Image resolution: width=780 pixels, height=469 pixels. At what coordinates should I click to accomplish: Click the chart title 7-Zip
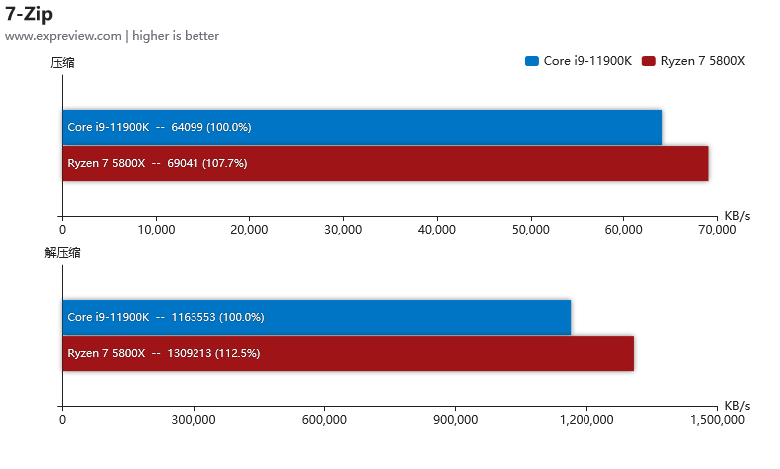pos(29,14)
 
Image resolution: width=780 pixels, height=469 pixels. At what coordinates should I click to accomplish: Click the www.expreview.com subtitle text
pos(63,36)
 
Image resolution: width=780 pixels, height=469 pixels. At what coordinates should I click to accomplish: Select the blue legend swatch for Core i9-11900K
pos(532,61)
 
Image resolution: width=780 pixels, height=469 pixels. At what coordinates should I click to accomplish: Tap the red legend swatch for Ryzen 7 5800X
pos(649,61)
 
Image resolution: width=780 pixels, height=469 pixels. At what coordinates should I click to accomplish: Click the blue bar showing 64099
pos(362,127)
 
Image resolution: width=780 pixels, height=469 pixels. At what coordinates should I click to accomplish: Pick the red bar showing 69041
pos(386,163)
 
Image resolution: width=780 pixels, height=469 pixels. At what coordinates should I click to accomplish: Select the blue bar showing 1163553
pos(316,317)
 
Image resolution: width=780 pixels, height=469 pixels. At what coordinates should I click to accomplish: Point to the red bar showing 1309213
pos(348,353)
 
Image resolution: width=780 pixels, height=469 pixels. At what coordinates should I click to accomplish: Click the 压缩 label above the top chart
pos(62,63)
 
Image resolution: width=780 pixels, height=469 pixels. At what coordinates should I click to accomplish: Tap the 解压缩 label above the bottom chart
pos(62,253)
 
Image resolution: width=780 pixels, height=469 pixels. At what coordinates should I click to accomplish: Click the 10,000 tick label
pos(156,230)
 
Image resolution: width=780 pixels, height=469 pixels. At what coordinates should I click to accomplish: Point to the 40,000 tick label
pos(437,230)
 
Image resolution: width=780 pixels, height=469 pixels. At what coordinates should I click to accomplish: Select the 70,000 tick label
pos(717,230)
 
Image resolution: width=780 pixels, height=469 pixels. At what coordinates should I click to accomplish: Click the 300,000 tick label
pos(194,420)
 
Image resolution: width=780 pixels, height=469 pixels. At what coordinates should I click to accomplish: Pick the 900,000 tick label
pos(455,420)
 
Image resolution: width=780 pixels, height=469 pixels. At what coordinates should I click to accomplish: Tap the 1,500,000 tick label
pos(717,420)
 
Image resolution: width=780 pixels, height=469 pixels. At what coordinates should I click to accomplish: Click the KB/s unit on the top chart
pos(737,216)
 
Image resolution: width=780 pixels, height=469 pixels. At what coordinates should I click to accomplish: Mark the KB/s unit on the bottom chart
pos(737,406)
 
